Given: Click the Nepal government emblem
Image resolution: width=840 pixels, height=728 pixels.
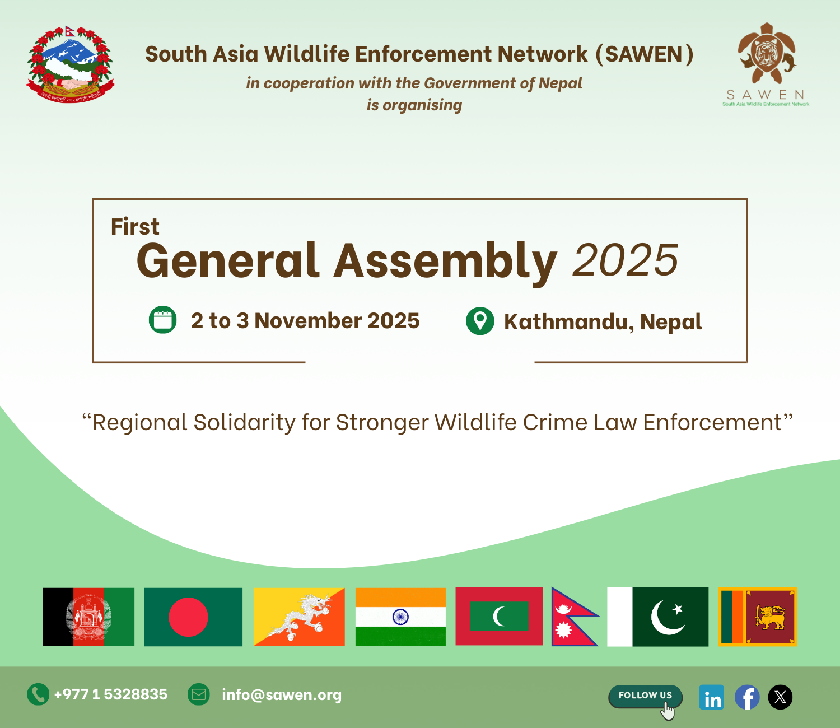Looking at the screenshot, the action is click(x=70, y=64).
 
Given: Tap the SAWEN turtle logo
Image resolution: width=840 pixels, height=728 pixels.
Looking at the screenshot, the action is click(x=767, y=53).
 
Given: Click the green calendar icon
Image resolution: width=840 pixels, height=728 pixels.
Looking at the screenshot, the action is click(x=162, y=320).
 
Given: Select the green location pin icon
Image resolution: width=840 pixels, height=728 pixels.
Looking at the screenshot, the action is click(x=480, y=321).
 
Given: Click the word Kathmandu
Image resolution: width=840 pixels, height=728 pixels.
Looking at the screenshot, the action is click(x=568, y=321).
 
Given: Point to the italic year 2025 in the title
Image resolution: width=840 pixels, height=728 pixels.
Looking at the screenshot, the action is click(x=626, y=260).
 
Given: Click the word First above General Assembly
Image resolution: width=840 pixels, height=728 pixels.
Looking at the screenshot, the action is click(x=135, y=226).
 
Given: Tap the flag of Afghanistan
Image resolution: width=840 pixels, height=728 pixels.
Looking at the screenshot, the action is click(x=88, y=617).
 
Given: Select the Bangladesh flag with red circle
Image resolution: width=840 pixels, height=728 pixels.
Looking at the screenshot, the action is click(x=193, y=617).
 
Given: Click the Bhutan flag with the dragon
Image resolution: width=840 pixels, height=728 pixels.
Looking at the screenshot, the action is click(x=299, y=617).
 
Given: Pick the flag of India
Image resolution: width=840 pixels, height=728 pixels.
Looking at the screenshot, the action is click(x=401, y=617).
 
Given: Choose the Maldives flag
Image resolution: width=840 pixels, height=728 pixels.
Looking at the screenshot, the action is click(x=499, y=616).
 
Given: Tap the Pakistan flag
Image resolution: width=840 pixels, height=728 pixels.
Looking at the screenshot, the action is click(x=658, y=617).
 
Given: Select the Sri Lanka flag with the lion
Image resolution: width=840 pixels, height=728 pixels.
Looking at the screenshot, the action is click(x=758, y=617).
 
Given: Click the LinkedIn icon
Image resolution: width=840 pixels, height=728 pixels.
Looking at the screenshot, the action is click(x=712, y=697).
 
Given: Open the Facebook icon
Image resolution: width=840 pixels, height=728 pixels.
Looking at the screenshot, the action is click(x=747, y=697).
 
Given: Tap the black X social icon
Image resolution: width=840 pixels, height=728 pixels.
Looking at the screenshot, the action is click(x=780, y=697).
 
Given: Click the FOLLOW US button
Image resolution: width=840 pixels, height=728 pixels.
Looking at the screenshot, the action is click(x=645, y=696).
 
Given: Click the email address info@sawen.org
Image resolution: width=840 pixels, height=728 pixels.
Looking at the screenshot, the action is click(x=282, y=694).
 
